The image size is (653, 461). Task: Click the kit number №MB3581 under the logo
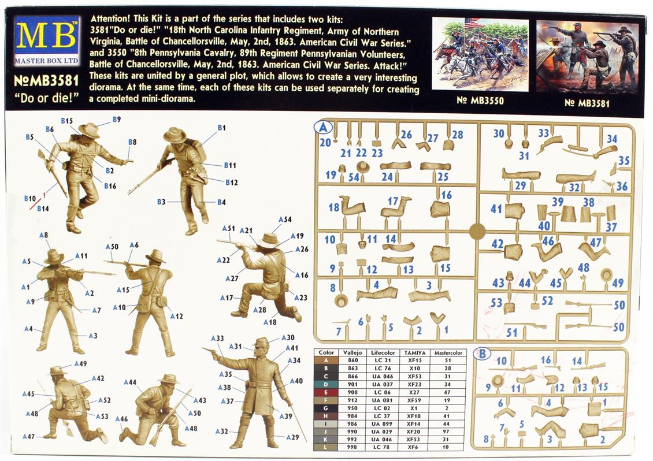coord(46,80)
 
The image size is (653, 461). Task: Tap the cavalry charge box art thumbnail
coord(480,54)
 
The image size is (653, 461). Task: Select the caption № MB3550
coord(480,101)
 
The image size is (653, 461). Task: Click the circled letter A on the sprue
coord(323,128)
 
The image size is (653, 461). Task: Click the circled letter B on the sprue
coord(482,354)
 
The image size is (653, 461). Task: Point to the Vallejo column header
coord(353,352)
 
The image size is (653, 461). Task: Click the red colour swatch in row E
coord(326,392)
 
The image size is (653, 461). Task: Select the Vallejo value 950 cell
coord(353,408)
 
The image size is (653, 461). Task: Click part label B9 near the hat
coord(117,119)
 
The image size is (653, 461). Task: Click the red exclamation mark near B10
coord(44,195)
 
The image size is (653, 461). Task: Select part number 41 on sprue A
coord(496,208)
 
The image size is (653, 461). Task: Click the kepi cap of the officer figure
coord(261,343)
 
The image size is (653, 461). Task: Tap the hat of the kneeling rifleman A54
coord(269,239)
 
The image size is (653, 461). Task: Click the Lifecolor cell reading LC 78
coord(383,447)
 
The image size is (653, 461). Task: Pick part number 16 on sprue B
coord(546,359)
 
